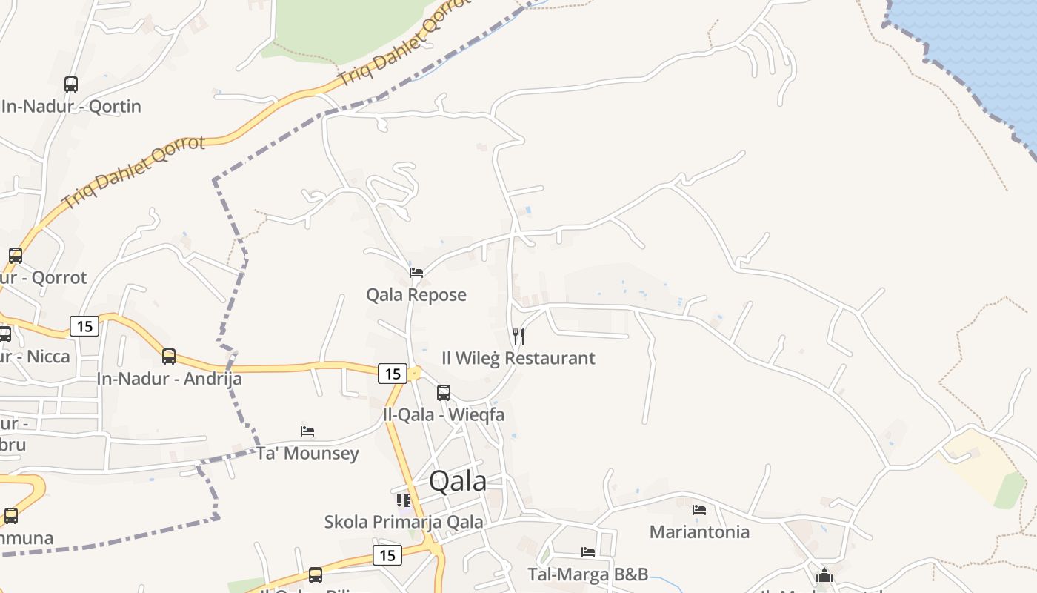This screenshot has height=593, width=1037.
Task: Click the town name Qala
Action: [458, 482]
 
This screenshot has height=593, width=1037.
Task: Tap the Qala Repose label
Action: [416, 295]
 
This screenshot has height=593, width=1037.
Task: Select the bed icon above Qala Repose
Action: [416, 273]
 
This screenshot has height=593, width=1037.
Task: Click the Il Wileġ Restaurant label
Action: [518, 359]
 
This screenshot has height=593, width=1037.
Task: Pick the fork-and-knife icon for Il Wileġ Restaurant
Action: [518, 337]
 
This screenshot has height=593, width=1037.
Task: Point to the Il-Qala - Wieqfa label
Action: [444, 415]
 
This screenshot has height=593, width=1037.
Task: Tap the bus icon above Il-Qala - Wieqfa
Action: [444, 393]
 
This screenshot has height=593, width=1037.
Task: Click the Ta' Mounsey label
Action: [307, 454]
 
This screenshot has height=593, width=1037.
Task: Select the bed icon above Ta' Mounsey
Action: [307, 431]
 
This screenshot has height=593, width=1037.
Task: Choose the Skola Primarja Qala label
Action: [404, 522]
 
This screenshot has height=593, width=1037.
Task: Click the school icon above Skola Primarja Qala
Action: [404, 500]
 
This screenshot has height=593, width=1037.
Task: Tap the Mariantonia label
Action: [699, 532]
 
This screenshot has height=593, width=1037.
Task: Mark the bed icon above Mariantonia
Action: [699, 510]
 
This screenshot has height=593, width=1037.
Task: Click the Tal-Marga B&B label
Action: [588, 574]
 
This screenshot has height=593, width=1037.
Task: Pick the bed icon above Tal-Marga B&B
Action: [588, 552]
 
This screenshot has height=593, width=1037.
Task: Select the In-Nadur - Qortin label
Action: [71, 107]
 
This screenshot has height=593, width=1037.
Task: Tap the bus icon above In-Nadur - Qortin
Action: [71, 85]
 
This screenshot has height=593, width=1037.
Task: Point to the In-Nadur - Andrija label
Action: [169, 379]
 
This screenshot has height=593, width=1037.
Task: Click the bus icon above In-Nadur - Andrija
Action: [169, 357]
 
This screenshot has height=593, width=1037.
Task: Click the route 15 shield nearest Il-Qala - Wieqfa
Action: [392, 374]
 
